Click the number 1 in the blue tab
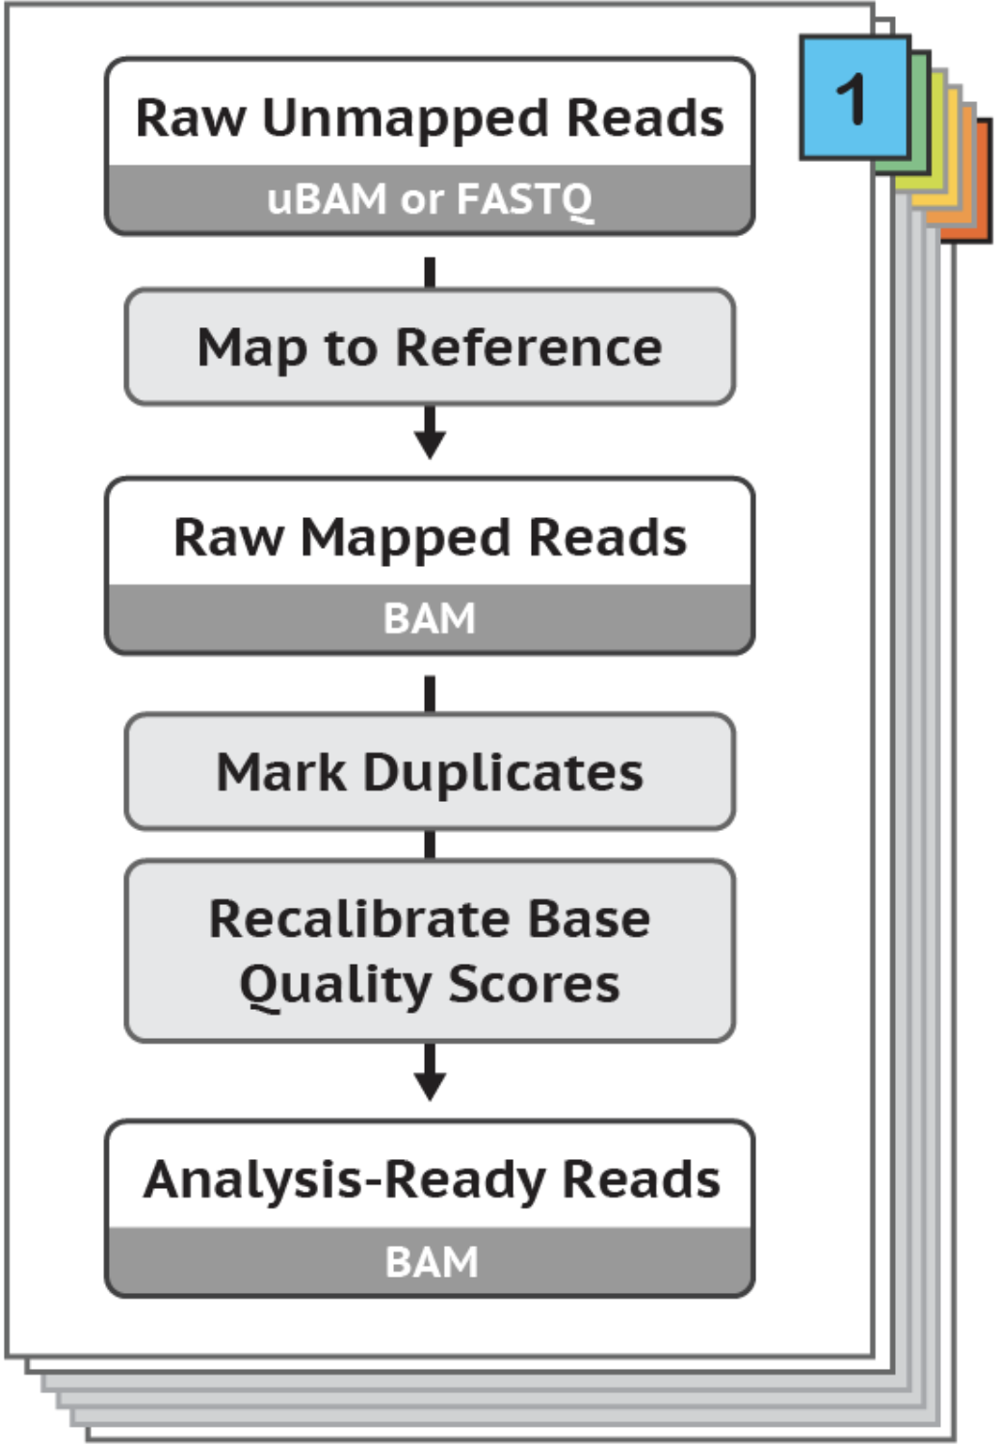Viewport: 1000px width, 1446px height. pos(853,98)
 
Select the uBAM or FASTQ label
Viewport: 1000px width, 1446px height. pos(430,199)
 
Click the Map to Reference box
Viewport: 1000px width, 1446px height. pos(430,347)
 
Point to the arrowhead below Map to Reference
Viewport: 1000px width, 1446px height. pos(430,445)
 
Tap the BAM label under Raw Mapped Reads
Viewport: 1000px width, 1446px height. pos(430,618)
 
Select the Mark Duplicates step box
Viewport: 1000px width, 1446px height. pos(430,772)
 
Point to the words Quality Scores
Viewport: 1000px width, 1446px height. pos(430,984)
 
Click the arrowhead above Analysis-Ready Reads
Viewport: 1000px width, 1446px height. pos(430,1085)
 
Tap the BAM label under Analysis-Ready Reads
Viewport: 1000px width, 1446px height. pos(431,1261)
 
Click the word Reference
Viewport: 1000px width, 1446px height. pos(529,347)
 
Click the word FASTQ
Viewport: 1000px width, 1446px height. pos(524,199)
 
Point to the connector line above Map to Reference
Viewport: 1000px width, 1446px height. pos(430,271)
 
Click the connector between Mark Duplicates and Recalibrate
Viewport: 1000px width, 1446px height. pos(430,845)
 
